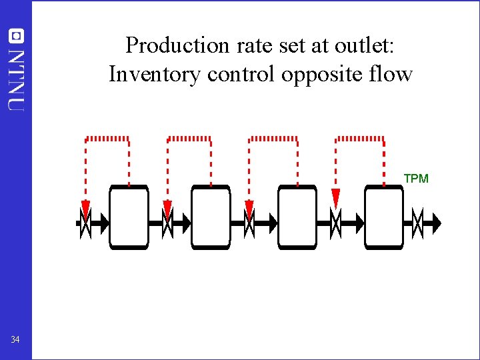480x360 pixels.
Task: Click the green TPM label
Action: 416,179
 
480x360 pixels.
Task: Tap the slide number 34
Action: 15,340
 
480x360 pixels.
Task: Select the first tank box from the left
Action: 129,217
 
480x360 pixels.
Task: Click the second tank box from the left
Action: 211,217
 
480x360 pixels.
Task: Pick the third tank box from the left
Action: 297,217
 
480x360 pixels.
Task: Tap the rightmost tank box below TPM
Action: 384,217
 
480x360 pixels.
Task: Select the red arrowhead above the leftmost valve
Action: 85,208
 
